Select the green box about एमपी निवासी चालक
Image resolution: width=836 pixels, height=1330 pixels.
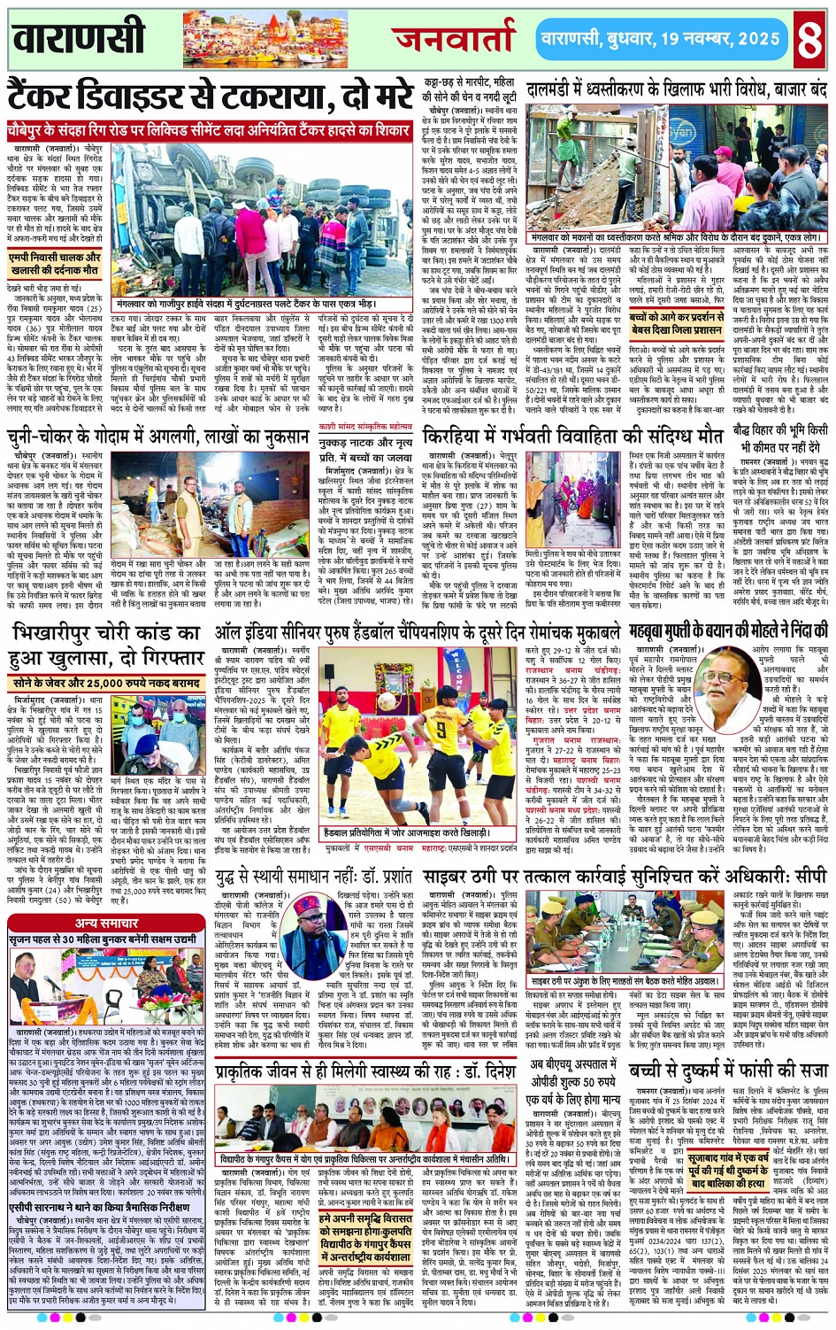56,264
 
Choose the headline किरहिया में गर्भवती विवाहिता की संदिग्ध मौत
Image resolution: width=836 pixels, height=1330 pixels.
573,437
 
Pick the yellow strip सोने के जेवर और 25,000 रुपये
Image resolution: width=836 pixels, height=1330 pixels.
105,684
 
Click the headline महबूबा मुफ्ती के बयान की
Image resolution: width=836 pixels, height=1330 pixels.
728,631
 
